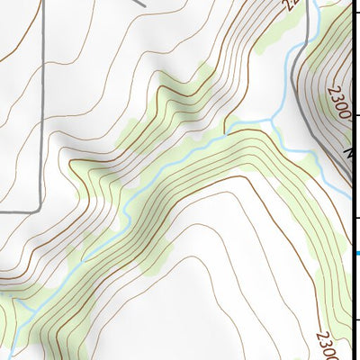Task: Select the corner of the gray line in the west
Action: click(39, 209)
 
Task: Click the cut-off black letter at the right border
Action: click(354, 155)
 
